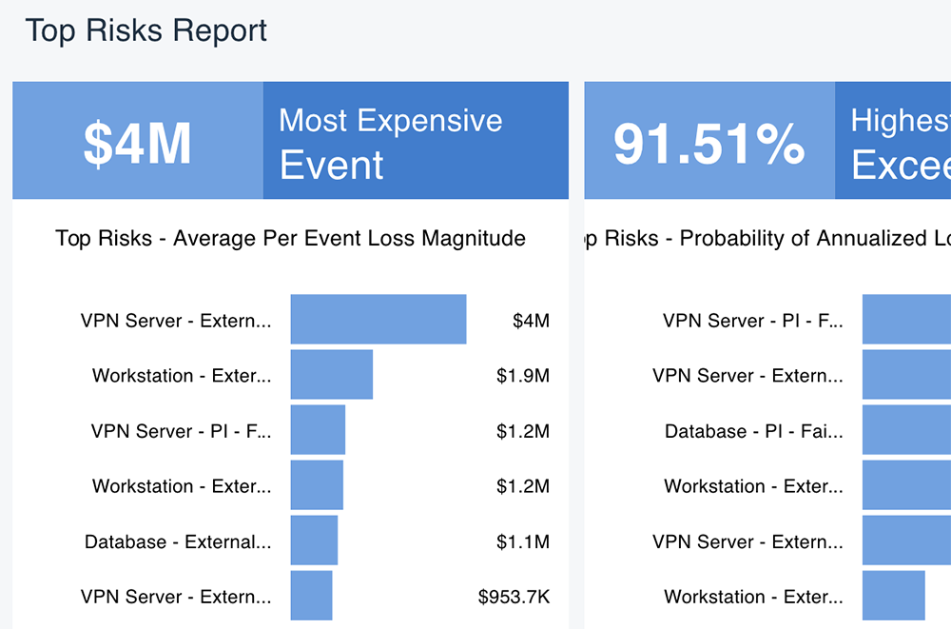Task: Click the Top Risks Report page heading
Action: [146, 30]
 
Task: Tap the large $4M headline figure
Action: [138, 143]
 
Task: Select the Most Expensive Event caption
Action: [390, 143]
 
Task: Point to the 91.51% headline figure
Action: [709, 143]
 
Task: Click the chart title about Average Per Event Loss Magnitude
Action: [290, 238]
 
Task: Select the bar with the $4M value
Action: [378, 319]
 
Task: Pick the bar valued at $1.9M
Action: [332, 375]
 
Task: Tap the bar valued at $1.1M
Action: [314, 541]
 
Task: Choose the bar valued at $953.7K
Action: [311, 597]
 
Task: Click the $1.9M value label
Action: [522, 376]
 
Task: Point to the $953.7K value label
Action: [514, 598]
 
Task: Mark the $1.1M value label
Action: [522, 542]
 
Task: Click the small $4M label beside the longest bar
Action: [531, 321]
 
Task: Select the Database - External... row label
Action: [178, 542]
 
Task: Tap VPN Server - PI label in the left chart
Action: [181, 431]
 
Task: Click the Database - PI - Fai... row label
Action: [753, 431]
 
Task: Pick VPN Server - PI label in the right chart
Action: [752, 321]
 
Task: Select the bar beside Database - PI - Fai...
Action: [906, 430]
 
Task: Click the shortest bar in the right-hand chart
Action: [894, 597]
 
